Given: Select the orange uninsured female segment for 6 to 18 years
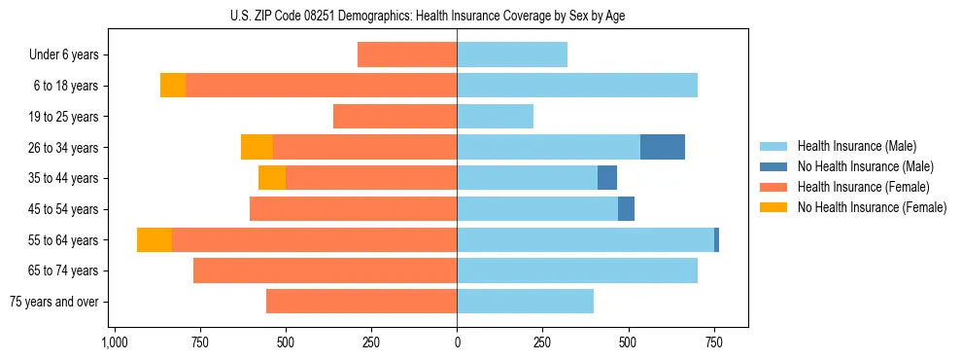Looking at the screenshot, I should point(173,86).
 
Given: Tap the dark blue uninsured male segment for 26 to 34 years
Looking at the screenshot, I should point(663,147).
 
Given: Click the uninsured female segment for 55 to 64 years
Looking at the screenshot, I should point(155,239).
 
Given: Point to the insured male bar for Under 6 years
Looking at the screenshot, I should point(512,54).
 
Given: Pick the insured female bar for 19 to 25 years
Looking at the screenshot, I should point(395,117).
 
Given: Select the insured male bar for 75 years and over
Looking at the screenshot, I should point(525,302).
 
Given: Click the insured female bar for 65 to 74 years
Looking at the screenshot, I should point(326,270).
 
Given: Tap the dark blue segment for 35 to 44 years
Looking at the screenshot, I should point(607,178).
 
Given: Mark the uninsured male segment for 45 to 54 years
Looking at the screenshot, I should point(626,209).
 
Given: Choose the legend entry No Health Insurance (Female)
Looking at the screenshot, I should point(872,207).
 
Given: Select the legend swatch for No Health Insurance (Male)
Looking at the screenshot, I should point(773,166).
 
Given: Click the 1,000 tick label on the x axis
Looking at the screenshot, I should point(115,343).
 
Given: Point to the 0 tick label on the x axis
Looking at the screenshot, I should point(457,343).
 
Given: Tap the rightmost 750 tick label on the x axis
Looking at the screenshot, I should point(713,343).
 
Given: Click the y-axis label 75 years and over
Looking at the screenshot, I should point(53,302).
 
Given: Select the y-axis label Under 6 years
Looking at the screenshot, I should point(64,54).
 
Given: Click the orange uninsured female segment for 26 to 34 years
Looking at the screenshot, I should point(257,147).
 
